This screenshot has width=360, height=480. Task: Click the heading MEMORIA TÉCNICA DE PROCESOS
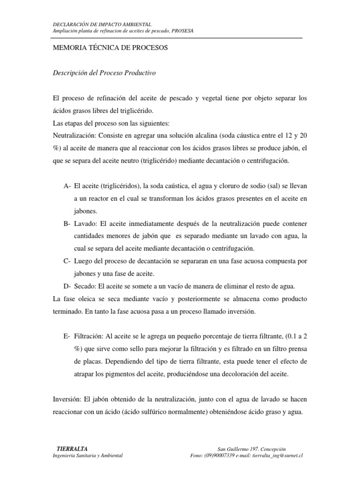pyautogui.click(x=108, y=48)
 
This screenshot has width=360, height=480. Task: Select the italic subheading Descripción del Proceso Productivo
pyautogui.click(x=105, y=73)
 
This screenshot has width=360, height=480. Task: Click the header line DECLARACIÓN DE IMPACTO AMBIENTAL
pyautogui.click(x=102, y=24)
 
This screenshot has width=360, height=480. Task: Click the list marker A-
pyautogui.click(x=67, y=187)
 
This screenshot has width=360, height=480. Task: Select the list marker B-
pyautogui.click(x=67, y=224)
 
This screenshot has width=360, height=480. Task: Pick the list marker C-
pyautogui.click(x=67, y=261)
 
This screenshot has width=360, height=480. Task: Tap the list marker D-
pyautogui.click(x=67, y=285)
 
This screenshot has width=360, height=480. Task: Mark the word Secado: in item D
pyautogui.click(x=87, y=285)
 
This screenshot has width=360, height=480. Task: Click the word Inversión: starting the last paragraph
pyautogui.click(x=67, y=400)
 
